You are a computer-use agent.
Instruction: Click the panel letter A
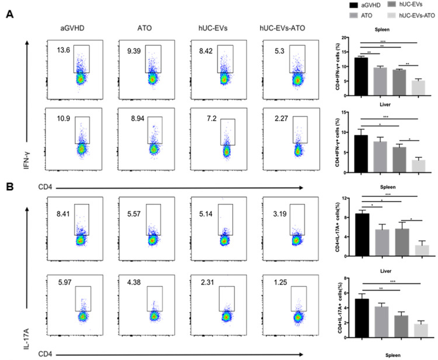tap(10, 15)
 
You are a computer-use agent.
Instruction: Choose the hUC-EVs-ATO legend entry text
tap(417, 16)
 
